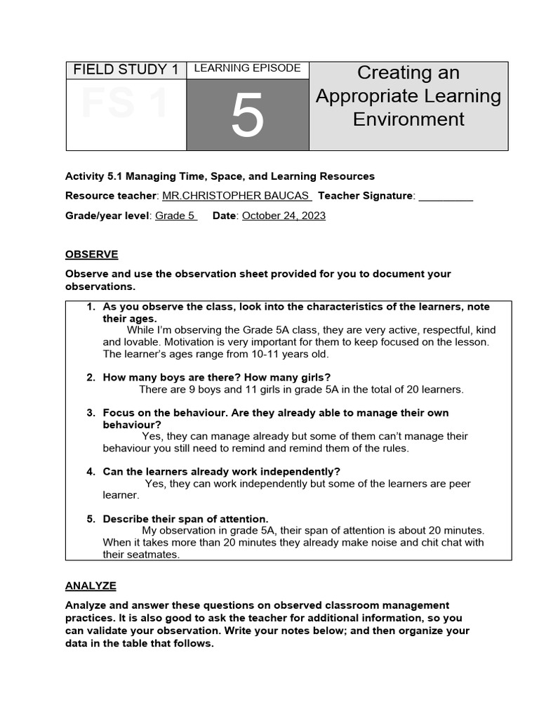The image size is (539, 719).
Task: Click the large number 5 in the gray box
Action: point(247,116)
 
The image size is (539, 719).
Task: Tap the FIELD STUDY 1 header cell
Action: point(126,70)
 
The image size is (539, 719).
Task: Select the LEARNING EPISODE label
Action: point(247,68)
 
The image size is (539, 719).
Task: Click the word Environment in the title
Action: point(408,119)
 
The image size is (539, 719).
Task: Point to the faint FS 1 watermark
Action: point(125,104)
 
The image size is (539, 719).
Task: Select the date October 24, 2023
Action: point(284,216)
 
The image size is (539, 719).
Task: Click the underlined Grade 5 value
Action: point(175,216)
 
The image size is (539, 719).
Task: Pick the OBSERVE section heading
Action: point(92,254)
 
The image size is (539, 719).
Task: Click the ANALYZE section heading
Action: point(91,586)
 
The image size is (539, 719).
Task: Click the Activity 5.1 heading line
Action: point(220,176)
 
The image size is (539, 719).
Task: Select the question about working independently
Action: point(221,471)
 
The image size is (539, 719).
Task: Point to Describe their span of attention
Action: point(185,519)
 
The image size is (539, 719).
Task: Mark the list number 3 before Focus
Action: point(91,413)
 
